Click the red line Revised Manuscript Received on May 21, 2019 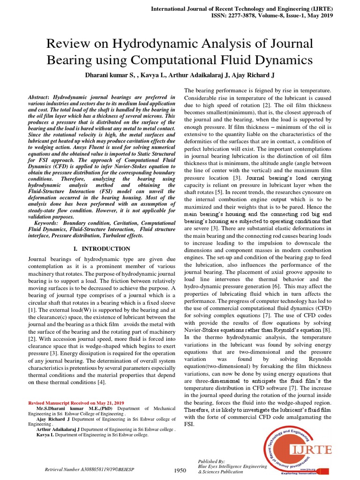click(x=76, y=403)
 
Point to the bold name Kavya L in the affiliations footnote click(x=45, y=435)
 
